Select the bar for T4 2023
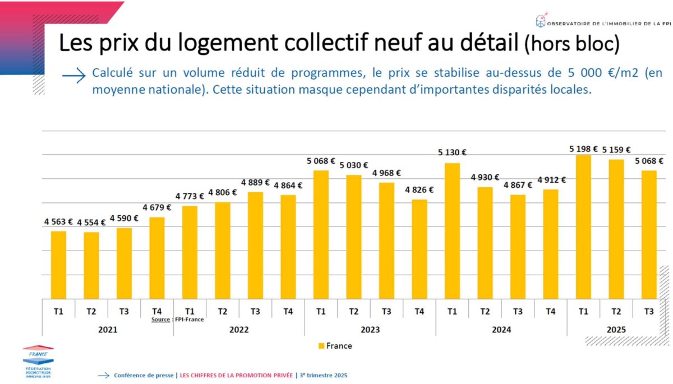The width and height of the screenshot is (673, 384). [419, 249]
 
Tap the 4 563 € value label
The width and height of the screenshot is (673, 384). [59, 221]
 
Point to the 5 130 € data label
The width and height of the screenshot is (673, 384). [452, 152]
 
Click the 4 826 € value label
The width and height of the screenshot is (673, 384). [419, 189]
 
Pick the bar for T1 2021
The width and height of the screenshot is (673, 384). [58, 265]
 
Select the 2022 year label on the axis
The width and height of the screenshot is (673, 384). [239, 330]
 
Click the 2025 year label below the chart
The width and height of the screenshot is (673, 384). [616, 330]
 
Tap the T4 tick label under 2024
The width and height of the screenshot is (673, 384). [550, 311]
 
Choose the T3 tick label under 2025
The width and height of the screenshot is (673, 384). [649, 311]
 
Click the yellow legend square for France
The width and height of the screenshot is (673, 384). [321, 346]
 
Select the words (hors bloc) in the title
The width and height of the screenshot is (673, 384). [571, 44]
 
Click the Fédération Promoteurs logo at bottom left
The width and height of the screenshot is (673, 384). [38, 362]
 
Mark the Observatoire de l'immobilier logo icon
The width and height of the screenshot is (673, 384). [540, 20]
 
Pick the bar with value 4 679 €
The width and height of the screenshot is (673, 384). [157, 257]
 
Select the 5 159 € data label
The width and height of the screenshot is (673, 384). [616, 150]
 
